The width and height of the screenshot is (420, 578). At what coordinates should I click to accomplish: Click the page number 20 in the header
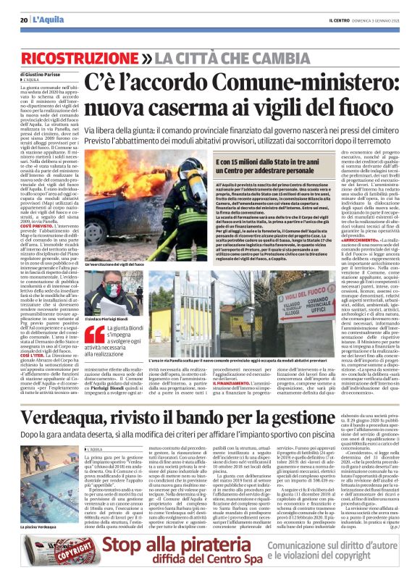(x=24, y=20)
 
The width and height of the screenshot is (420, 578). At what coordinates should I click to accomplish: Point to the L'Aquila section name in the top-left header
(x=48, y=20)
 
